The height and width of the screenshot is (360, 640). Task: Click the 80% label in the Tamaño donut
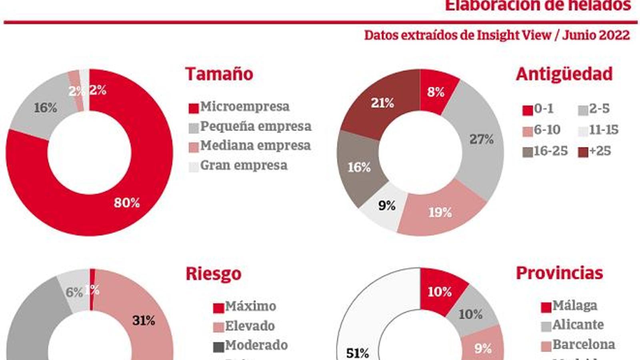[127, 203]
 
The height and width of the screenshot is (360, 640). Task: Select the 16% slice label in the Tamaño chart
[45, 108]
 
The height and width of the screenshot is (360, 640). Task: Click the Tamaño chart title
[219, 74]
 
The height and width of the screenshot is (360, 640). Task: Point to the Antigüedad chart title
[564, 74]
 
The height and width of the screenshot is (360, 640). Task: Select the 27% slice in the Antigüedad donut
[481, 139]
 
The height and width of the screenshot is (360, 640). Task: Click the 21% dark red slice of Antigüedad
[382, 103]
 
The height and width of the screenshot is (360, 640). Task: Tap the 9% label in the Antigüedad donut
[387, 206]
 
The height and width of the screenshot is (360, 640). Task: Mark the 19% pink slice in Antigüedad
[440, 212]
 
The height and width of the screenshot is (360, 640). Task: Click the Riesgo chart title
[214, 274]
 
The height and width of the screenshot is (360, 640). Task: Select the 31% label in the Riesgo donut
[144, 320]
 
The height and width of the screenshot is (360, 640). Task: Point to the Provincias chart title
[559, 273]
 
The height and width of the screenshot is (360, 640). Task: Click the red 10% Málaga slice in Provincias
[440, 292]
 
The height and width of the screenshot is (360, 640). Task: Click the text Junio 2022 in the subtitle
[596, 35]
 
